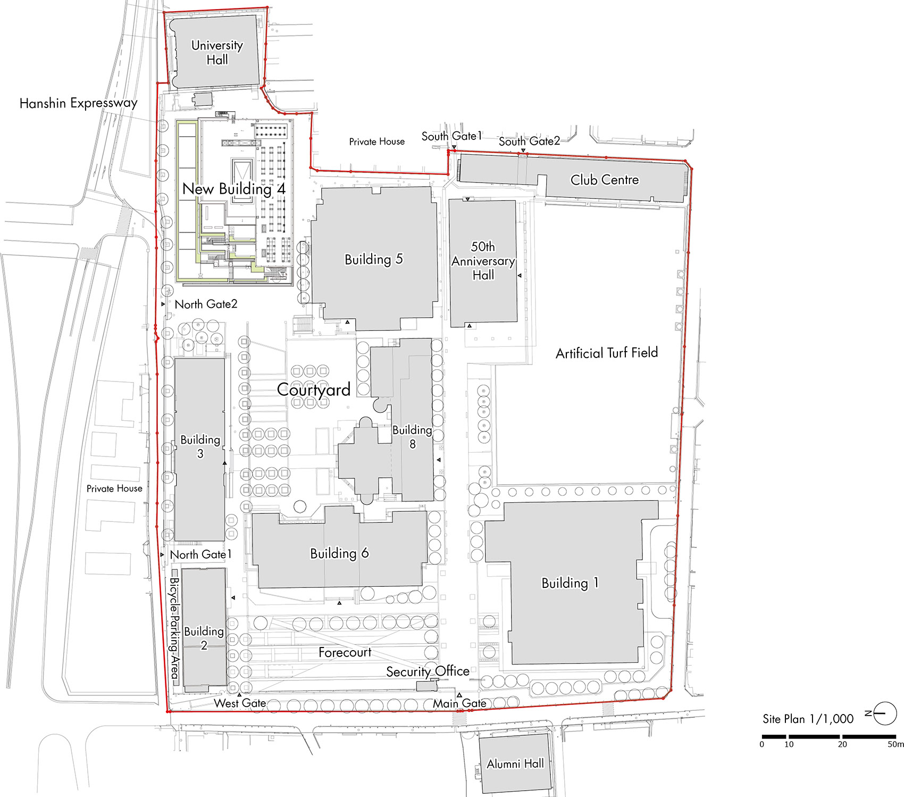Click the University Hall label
[217, 52]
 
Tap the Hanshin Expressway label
[78, 103]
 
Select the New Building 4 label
[234, 189]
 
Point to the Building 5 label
[374, 259]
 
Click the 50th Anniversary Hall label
[483, 261]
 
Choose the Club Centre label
[605, 180]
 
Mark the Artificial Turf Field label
[607, 353]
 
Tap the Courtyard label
[314, 389]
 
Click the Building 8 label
[412, 437]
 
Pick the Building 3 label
[200, 446]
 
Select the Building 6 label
[339, 553]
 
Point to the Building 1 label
[570, 583]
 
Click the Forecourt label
[345, 652]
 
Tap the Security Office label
[428, 671]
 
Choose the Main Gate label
[459, 703]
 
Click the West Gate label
[240, 703]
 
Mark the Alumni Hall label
[515, 764]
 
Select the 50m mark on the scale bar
[895, 744]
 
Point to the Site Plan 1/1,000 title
[808, 719]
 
